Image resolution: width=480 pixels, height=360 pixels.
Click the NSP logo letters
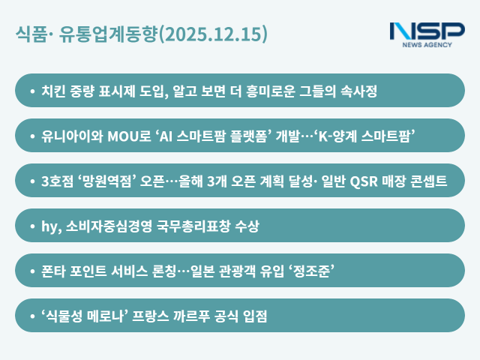click(x=427, y=31)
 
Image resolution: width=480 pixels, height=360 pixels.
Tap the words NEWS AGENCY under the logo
click(x=427, y=45)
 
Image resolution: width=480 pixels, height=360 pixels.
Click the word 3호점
click(x=58, y=181)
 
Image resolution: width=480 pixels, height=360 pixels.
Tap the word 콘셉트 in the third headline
click(x=428, y=181)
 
